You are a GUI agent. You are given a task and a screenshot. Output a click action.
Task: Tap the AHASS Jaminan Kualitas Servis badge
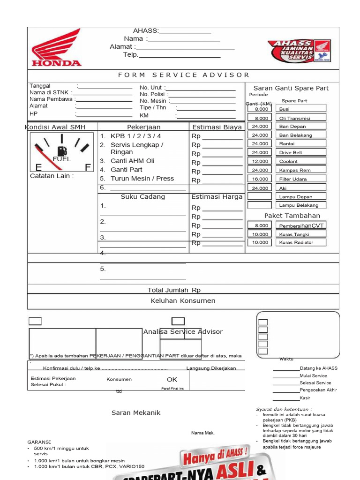(x=299, y=52)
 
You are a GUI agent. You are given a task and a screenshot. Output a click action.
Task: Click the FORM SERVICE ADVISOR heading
(x=184, y=75)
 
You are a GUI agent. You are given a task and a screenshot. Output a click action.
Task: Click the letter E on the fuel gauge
(x=38, y=167)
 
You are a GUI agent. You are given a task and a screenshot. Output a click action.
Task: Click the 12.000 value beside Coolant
(x=260, y=161)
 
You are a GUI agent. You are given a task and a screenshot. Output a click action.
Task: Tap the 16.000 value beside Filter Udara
(x=260, y=179)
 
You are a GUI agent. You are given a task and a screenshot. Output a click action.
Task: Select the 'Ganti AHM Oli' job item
(x=132, y=161)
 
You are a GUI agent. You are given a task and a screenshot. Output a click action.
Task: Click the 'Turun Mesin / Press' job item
(x=142, y=179)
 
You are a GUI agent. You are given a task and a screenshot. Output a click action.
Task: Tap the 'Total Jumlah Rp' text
(x=174, y=290)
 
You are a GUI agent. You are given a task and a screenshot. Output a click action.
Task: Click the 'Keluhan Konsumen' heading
(x=183, y=300)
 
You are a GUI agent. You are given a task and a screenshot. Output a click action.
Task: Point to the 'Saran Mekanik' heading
(x=136, y=412)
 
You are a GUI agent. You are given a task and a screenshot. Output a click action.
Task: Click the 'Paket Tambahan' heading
(x=292, y=216)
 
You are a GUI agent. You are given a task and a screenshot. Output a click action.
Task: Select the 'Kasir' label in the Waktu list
(x=305, y=398)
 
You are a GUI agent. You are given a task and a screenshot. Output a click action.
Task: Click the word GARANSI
(x=39, y=442)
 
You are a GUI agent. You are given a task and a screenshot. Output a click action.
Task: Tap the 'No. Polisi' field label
(x=152, y=94)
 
